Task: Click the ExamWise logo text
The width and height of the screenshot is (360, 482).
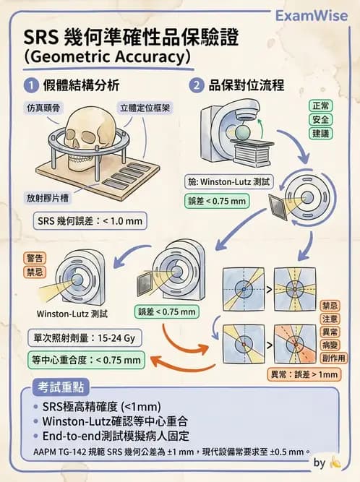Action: click(x=313, y=16)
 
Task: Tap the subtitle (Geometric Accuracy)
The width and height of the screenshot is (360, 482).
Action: click(x=108, y=56)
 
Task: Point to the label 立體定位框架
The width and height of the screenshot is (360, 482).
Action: click(x=145, y=108)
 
